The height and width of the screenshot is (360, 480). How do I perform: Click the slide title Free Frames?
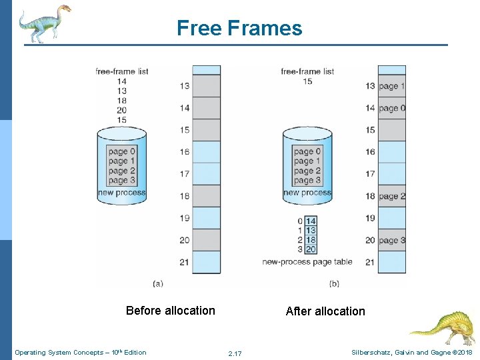click(x=239, y=28)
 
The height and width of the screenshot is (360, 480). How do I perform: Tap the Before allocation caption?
click(x=171, y=311)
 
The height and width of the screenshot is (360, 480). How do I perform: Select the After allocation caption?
click(x=325, y=311)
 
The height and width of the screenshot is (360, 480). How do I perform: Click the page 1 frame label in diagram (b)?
click(x=392, y=86)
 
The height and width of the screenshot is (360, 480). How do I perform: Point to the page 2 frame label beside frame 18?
click(x=392, y=196)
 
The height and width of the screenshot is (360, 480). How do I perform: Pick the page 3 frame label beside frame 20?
click(x=392, y=240)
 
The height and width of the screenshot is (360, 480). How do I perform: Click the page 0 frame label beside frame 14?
click(x=392, y=108)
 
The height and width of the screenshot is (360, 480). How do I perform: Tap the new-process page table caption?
click(x=307, y=262)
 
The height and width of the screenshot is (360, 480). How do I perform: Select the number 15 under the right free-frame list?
click(x=307, y=81)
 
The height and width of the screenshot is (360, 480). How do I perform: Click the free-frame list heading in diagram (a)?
click(x=121, y=71)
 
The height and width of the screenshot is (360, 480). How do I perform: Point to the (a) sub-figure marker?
click(x=158, y=283)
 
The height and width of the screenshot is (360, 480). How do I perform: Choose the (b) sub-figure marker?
click(x=334, y=283)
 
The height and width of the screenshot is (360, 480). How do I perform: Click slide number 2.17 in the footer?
click(x=235, y=353)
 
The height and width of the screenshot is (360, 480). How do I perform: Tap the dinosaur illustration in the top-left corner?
click(x=44, y=23)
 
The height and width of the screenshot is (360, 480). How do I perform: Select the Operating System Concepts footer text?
click(x=81, y=352)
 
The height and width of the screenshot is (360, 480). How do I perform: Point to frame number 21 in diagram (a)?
click(x=184, y=262)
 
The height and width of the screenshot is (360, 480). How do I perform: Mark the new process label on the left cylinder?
click(x=121, y=193)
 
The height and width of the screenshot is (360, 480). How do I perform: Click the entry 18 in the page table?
click(x=310, y=239)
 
